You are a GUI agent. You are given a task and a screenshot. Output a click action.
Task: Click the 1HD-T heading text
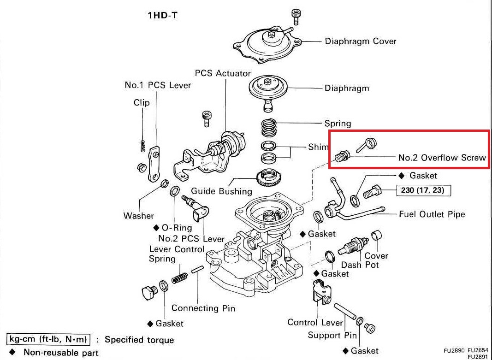(x=162, y=15)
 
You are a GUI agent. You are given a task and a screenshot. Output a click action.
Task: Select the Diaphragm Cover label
(x=360, y=41)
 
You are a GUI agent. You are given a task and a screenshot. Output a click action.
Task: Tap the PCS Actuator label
(x=223, y=73)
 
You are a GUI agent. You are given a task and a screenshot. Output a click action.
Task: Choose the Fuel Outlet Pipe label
(x=432, y=214)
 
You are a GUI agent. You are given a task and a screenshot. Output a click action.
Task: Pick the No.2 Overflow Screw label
(x=442, y=157)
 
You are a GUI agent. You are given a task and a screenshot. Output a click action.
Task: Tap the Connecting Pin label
(x=203, y=308)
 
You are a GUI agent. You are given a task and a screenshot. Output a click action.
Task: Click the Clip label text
(x=142, y=102)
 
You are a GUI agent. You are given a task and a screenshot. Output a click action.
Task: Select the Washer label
(x=138, y=215)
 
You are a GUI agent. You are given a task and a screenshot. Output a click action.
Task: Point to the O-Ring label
(x=176, y=228)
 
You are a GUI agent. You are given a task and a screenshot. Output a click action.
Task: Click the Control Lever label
(x=315, y=322)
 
